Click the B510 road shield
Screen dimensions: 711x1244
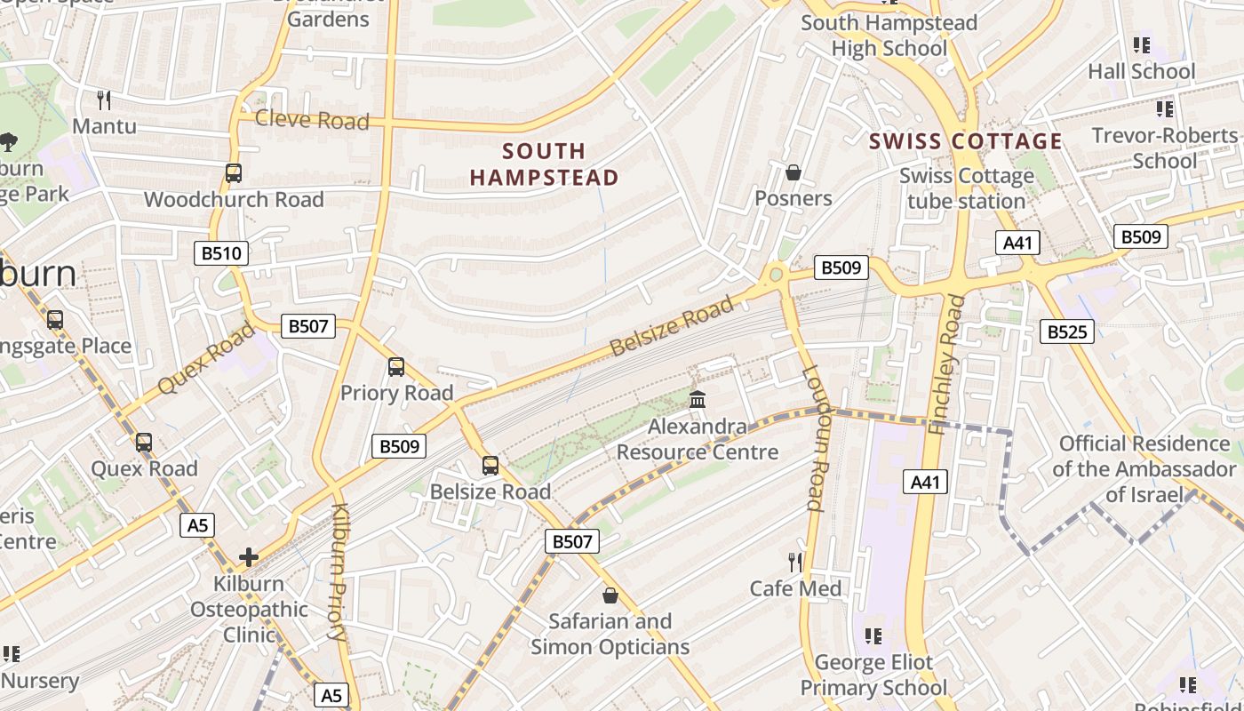[221, 253]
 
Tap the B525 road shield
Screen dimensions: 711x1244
[1066, 332]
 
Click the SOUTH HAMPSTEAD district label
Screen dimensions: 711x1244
[544, 164]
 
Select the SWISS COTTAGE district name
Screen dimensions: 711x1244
[965, 141]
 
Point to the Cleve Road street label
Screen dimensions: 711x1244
[312, 120]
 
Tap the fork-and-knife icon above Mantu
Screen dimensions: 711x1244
[105, 100]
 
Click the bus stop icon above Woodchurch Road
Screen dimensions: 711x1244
[233, 172]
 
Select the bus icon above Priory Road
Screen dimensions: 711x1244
[396, 366]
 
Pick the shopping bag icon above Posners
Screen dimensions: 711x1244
[793, 172]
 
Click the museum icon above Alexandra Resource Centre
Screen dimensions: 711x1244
[698, 400]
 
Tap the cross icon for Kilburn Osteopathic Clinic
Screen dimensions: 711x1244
[249, 557]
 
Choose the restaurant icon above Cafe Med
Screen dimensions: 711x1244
[795, 562]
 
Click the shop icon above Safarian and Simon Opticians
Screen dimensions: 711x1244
[610, 595]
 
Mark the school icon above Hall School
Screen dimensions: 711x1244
[1142, 44]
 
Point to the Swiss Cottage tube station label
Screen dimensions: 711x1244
[967, 188]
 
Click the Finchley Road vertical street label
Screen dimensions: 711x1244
[946, 364]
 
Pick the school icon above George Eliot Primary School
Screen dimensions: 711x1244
[873, 635]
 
